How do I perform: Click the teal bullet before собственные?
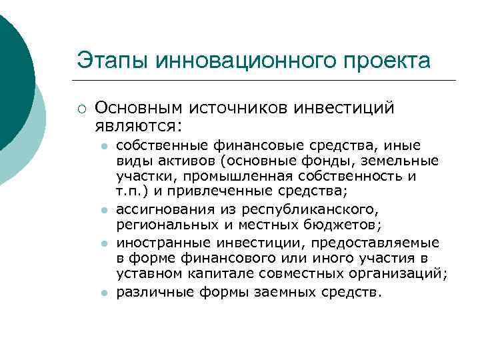point(105,145)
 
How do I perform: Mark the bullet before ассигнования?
point(105,210)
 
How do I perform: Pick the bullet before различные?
point(105,293)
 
